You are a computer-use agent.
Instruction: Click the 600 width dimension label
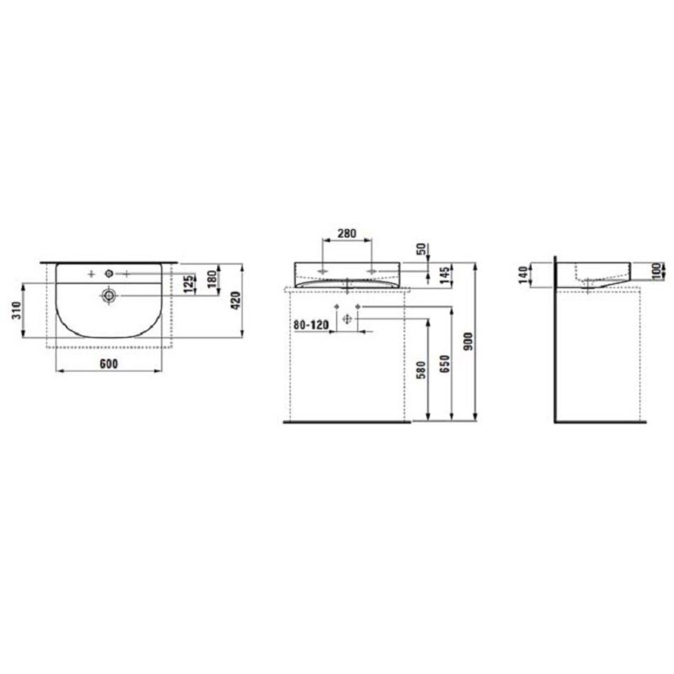109,364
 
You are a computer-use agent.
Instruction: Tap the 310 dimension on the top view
16,310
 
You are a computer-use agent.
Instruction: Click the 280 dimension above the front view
346,233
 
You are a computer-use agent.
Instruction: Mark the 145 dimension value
444,275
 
